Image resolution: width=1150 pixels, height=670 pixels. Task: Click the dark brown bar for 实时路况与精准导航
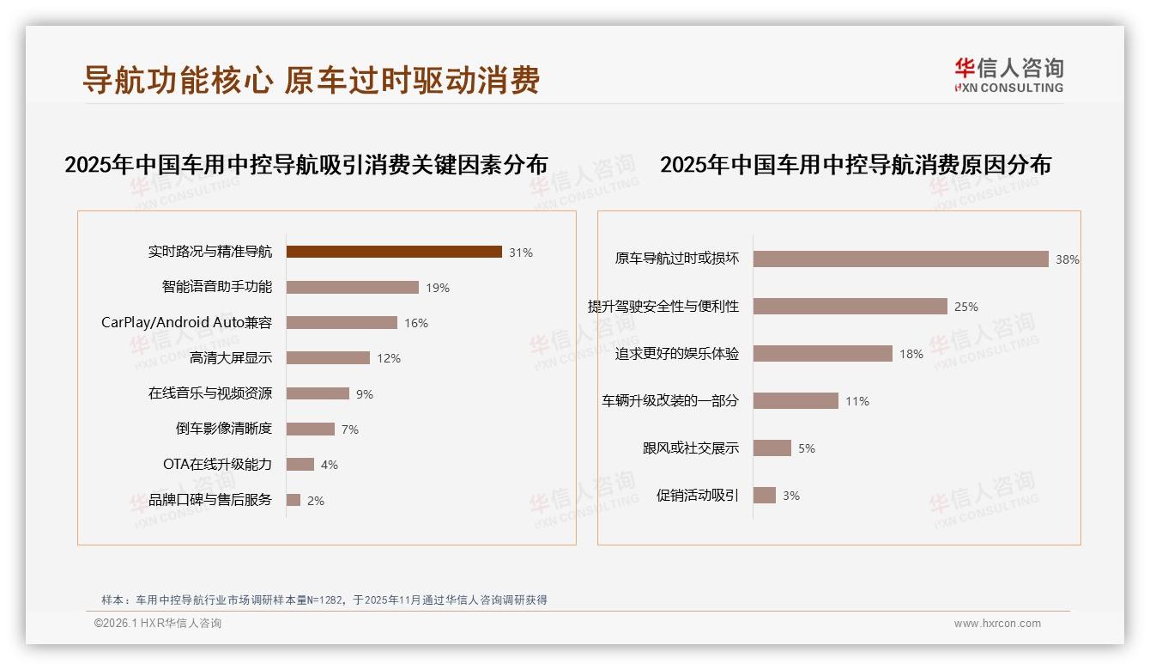point(394,252)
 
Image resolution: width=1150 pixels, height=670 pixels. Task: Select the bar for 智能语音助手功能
point(353,287)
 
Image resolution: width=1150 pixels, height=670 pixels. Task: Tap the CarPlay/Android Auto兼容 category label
point(186,323)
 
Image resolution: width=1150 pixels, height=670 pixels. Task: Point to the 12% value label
point(389,358)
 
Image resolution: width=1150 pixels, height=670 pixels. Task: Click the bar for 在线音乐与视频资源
point(318,393)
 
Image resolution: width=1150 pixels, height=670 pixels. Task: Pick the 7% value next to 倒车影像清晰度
point(349,429)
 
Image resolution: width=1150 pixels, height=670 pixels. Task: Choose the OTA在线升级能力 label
point(217,465)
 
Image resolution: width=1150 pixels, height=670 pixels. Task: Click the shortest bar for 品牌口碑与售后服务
point(294,500)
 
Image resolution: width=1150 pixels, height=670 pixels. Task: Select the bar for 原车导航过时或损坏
point(901,259)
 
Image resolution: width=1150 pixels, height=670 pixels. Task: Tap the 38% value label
point(1068,259)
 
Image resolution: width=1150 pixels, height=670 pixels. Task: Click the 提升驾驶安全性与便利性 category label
point(663,307)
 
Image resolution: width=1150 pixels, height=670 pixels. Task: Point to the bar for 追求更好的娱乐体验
point(823,353)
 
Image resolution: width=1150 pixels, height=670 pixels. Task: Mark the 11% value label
point(857,401)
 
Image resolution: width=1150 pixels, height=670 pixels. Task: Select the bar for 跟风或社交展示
point(772,448)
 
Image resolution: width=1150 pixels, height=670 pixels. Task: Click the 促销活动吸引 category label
point(697,496)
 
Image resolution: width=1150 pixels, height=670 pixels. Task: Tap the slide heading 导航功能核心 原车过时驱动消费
point(311,80)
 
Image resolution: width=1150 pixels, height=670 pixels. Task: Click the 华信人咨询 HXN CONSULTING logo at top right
point(1008,76)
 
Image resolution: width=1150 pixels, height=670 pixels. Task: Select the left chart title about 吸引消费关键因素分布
point(306,165)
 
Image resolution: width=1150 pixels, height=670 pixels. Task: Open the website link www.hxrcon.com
point(997,624)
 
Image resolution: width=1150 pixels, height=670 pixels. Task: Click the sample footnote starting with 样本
point(324,600)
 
